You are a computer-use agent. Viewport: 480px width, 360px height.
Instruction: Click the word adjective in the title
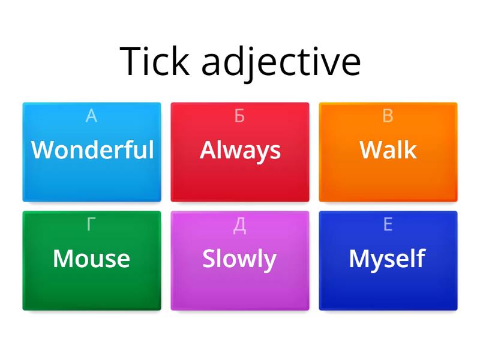(x=281, y=62)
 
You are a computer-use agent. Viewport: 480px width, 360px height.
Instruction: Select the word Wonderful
(x=92, y=149)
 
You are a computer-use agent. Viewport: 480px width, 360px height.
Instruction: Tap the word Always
(x=240, y=150)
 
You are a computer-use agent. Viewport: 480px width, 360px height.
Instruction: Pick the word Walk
(x=388, y=149)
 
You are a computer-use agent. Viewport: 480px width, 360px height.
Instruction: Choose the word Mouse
(x=91, y=259)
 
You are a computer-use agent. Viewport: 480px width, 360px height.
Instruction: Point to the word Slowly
(x=239, y=259)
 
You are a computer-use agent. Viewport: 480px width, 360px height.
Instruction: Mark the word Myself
(x=387, y=259)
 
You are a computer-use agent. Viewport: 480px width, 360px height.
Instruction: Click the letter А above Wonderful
(x=91, y=116)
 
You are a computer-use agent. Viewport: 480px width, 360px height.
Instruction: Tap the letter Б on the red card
(x=239, y=116)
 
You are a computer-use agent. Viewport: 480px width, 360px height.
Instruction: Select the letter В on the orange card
(x=388, y=116)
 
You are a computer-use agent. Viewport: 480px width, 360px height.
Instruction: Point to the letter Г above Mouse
(x=91, y=225)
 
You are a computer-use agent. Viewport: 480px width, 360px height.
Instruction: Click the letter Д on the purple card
(x=239, y=225)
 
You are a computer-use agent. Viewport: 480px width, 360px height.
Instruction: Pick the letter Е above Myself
(x=388, y=225)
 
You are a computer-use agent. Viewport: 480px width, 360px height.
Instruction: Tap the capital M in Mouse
(x=64, y=259)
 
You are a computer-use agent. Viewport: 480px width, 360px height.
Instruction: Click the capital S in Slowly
(x=209, y=259)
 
